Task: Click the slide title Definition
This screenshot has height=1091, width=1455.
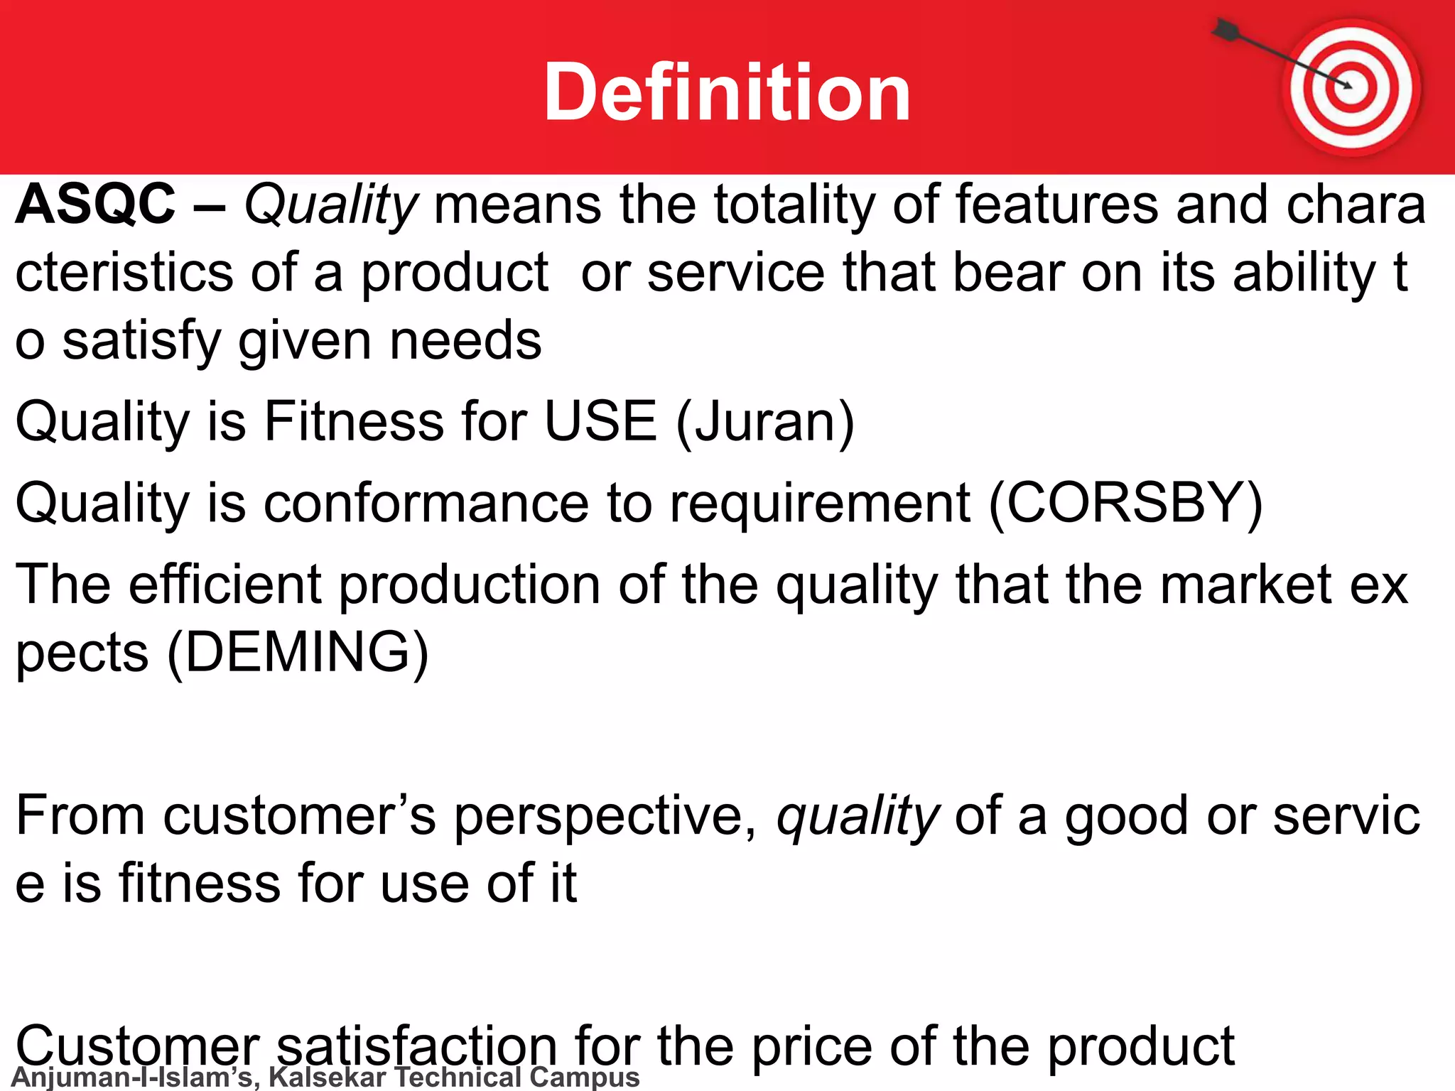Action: [727, 92]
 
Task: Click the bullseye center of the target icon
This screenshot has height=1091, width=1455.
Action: [1349, 87]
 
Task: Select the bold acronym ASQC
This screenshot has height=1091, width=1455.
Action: [95, 205]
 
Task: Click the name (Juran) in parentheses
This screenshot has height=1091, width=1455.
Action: [765, 422]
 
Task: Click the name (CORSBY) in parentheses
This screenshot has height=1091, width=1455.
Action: [1125, 503]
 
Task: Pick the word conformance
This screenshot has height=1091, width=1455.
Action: [426, 503]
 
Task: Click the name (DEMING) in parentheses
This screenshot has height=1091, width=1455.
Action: [298, 652]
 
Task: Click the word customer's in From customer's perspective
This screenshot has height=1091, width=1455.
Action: [299, 815]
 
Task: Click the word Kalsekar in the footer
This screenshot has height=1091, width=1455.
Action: [327, 1077]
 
